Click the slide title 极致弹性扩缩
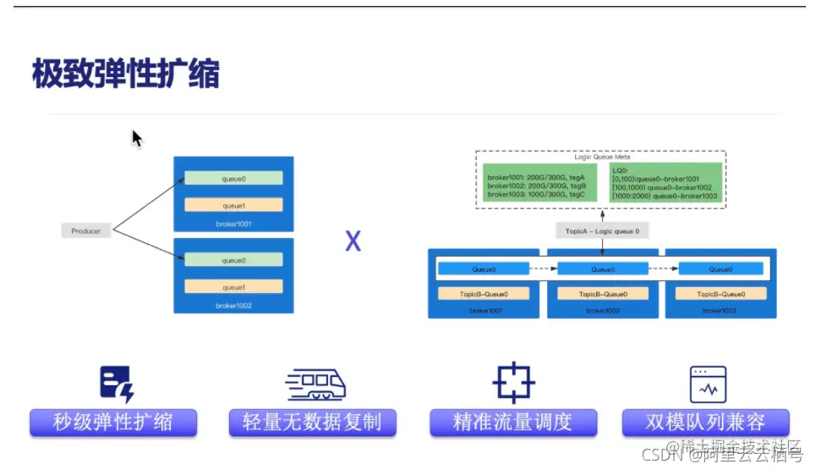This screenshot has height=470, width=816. [x=125, y=75]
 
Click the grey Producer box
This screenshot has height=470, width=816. [x=86, y=230]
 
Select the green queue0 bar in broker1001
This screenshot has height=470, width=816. [x=233, y=179]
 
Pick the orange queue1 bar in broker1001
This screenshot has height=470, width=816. [x=233, y=205]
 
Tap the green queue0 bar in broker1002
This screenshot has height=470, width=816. [x=233, y=260]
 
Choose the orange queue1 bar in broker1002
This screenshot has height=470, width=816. [x=233, y=287]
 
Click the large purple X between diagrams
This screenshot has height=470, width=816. [x=353, y=241]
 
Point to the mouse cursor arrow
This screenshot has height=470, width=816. [x=136, y=138]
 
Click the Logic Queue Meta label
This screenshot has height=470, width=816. [x=602, y=157]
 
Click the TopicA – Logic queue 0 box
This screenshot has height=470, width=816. [x=602, y=230]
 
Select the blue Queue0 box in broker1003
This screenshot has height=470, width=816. [x=720, y=269]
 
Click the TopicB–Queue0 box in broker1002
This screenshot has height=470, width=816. [x=602, y=294]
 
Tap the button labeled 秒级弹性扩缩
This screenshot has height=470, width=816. [x=113, y=422]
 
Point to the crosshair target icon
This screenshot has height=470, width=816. [x=513, y=383]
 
